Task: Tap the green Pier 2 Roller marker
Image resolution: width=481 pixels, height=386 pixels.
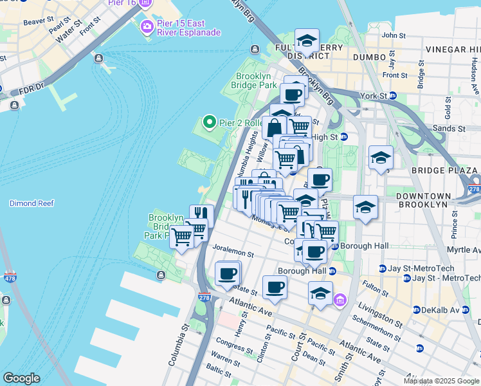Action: coord(208,122)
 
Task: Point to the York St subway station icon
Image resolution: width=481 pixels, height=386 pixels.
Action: coord(393,96)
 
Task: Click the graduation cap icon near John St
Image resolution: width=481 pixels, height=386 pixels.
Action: coord(307,41)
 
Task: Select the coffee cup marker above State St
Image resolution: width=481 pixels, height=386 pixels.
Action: coord(226,273)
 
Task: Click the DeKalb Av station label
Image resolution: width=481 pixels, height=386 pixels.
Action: coord(442,309)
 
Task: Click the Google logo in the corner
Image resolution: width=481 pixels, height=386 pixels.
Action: coord(21,378)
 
